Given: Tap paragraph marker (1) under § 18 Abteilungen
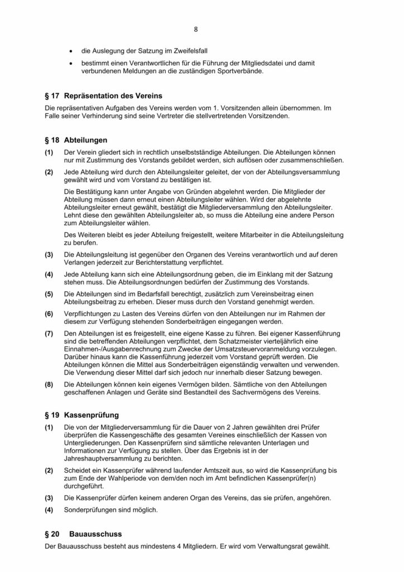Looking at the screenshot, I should tap(50, 152).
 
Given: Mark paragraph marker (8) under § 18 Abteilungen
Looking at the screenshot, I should tap(50, 385).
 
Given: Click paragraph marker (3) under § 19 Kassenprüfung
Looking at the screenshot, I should tap(50, 497).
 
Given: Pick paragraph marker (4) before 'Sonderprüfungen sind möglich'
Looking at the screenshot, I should tap(50, 509).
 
